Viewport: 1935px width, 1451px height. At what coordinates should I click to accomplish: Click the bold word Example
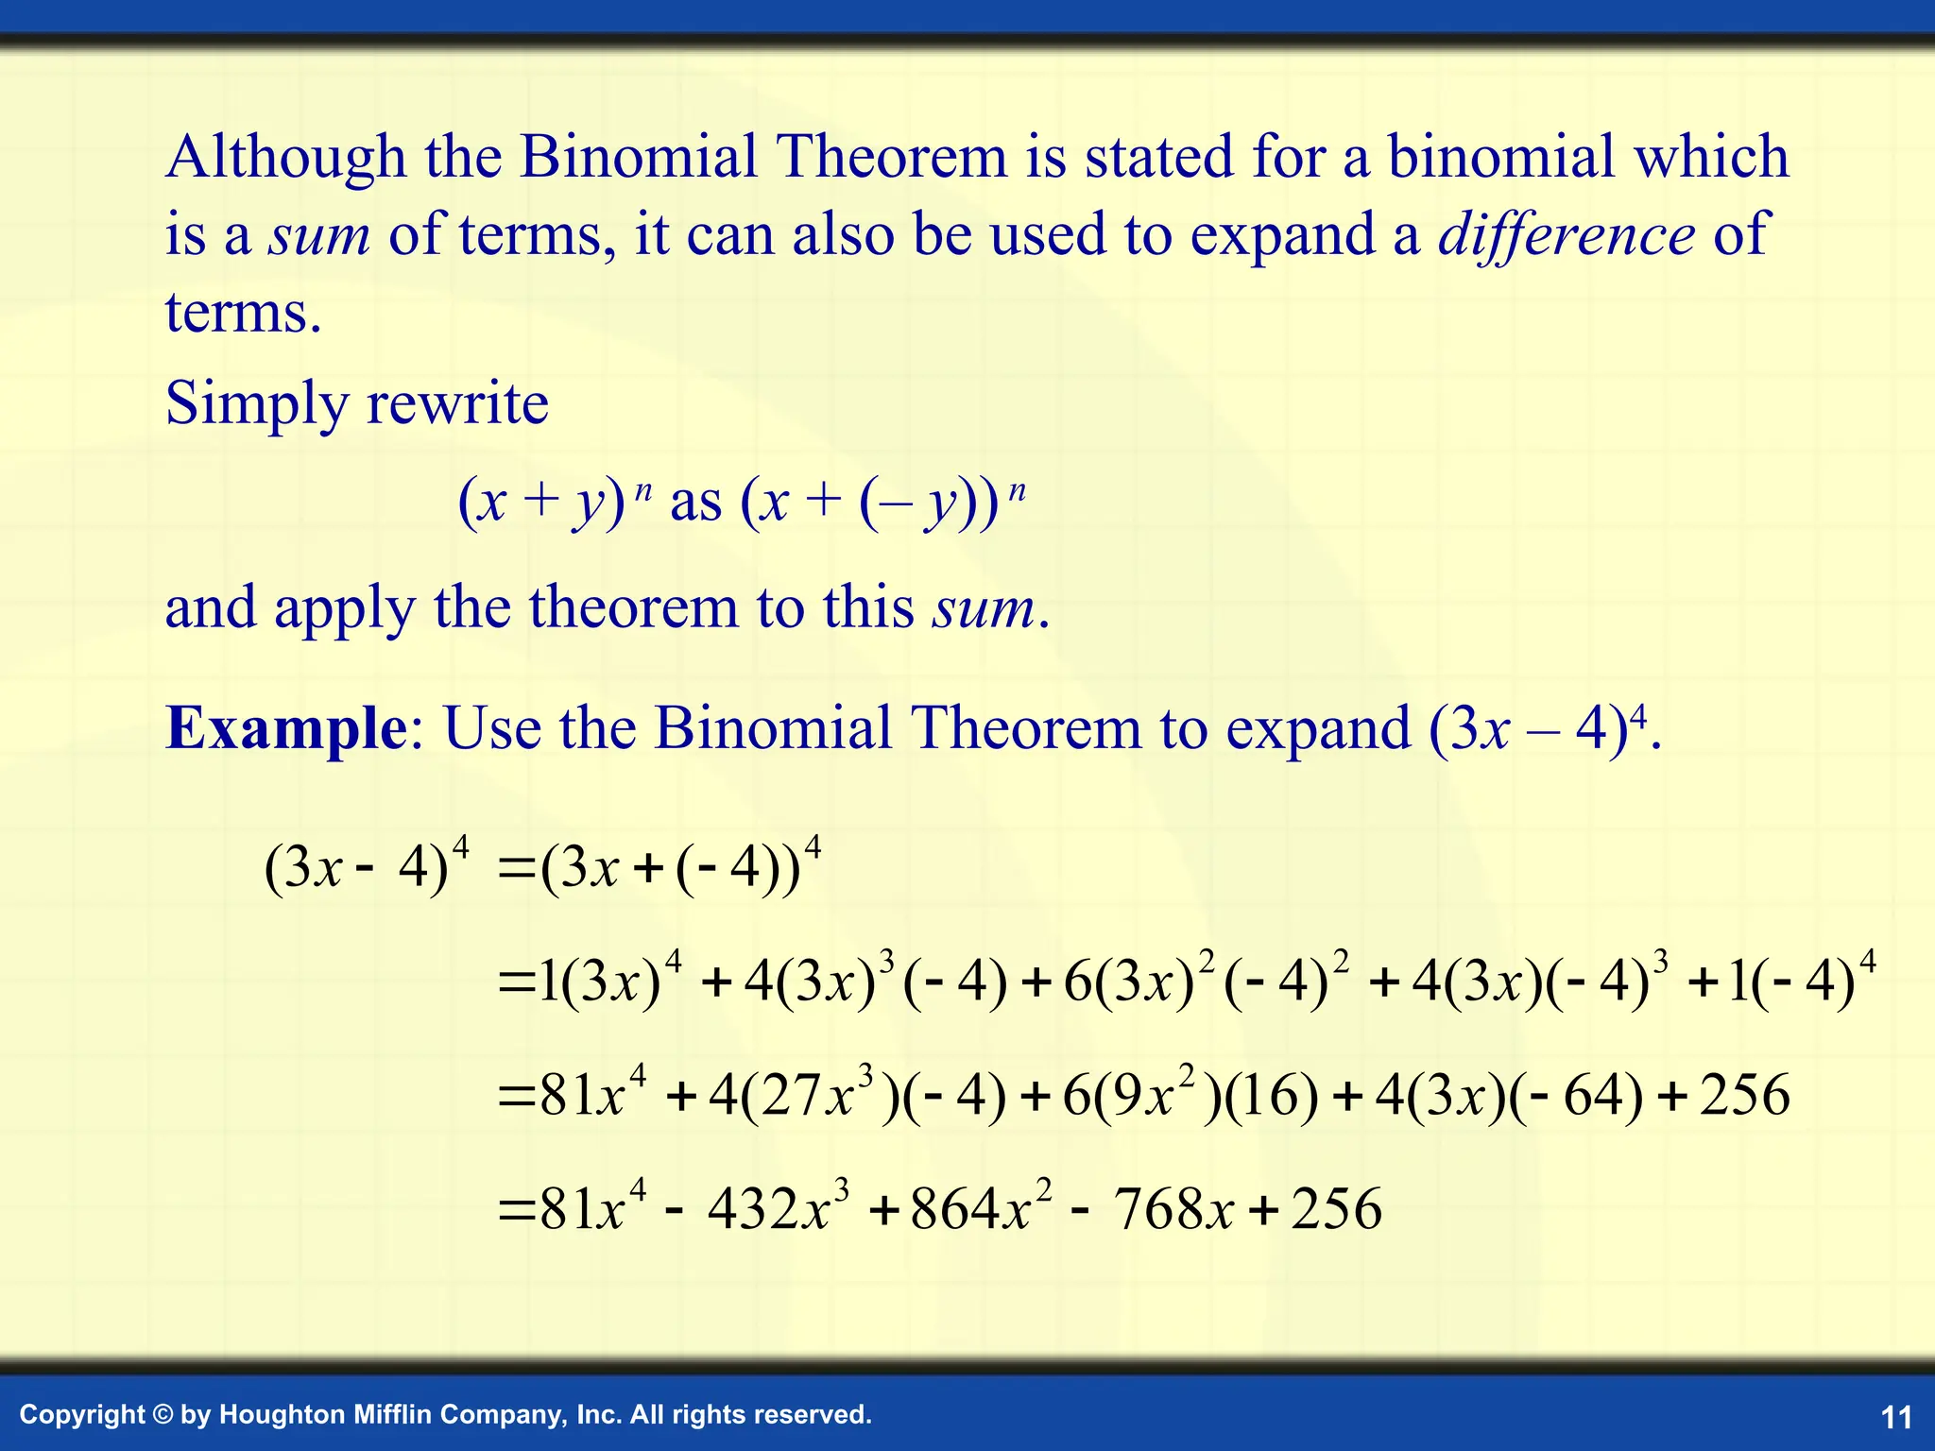[285, 728]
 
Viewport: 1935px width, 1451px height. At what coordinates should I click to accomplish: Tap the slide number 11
[1896, 1417]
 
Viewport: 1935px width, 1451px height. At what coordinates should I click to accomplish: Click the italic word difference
[1567, 234]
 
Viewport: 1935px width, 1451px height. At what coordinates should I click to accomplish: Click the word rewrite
[457, 404]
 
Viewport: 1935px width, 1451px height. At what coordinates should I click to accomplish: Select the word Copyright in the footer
[82, 1415]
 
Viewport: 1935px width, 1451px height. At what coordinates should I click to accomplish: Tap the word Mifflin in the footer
[391, 1414]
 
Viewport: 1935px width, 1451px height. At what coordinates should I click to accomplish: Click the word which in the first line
[1711, 156]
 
